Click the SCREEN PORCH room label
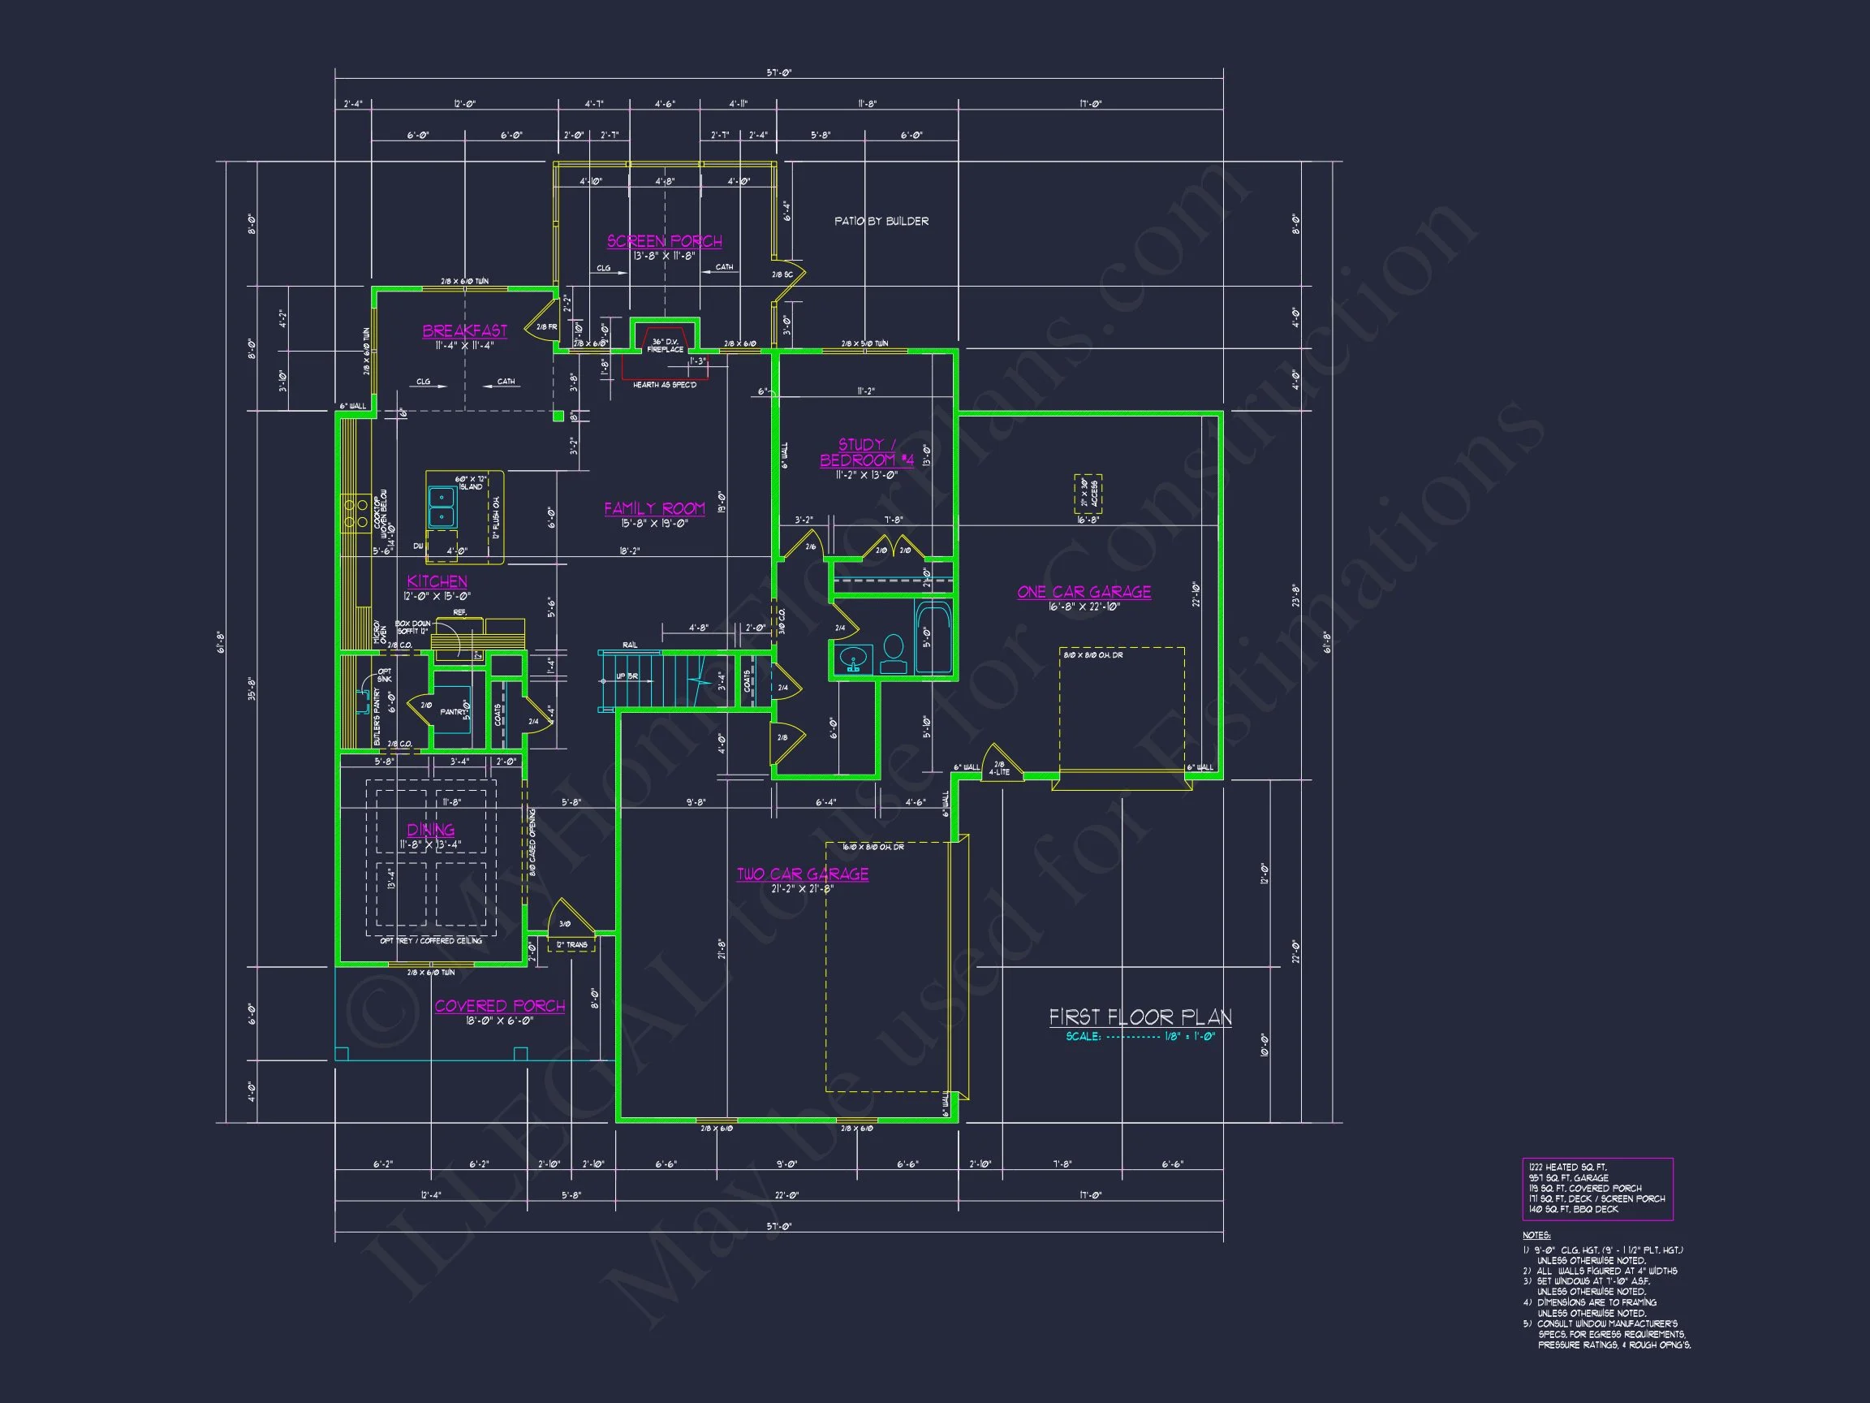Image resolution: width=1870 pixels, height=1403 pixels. (665, 241)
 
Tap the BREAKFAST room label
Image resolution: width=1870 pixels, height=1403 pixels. (465, 330)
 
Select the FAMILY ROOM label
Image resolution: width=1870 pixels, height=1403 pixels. (654, 508)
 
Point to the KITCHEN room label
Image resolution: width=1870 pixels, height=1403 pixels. (437, 581)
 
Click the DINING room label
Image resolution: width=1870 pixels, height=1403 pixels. (430, 830)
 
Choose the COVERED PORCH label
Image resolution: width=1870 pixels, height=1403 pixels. (500, 1005)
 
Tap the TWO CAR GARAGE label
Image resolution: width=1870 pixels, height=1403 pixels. (802, 874)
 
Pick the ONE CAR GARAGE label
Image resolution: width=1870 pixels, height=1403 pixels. (1084, 592)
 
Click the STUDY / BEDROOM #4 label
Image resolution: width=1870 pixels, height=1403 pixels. (866, 452)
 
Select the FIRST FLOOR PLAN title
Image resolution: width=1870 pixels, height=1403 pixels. (1140, 1017)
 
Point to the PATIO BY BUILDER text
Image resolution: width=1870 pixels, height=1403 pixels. (881, 221)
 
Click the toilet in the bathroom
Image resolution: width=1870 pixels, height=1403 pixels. (894, 653)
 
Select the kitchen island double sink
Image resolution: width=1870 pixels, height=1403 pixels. (442, 507)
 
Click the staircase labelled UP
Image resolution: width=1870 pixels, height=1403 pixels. (651, 677)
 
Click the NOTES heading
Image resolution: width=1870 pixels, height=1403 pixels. (1537, 1236)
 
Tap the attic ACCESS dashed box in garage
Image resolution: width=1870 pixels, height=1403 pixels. (1088, 494)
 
